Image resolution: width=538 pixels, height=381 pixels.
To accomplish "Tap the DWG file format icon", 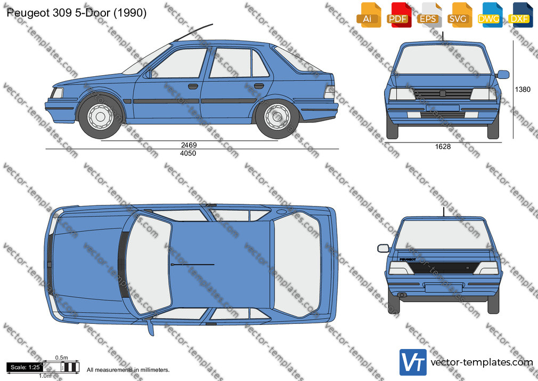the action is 490,15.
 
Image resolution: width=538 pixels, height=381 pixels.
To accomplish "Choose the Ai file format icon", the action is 369,15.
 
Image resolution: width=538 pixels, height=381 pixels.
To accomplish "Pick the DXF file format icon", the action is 520,15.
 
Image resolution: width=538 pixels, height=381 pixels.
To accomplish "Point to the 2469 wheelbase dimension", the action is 189,145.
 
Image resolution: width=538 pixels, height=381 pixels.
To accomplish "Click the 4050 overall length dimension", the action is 188,153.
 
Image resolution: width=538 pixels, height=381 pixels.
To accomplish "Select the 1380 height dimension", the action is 523,90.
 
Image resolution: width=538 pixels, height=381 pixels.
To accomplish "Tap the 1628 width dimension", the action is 443,147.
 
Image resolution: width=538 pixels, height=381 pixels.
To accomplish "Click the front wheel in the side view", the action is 100,116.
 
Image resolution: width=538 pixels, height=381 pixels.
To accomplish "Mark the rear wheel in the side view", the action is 277,117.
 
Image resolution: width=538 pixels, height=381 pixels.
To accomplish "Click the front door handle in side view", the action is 193,86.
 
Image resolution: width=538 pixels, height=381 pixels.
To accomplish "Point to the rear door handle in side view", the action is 259,85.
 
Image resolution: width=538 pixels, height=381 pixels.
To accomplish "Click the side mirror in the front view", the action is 503,74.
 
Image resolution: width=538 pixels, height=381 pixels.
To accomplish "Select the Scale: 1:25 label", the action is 25,367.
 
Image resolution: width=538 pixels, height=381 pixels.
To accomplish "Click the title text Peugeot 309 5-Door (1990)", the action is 77,13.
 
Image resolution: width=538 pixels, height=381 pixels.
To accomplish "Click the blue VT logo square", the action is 413,362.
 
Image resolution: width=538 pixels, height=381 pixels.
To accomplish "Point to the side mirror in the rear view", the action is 383,248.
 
